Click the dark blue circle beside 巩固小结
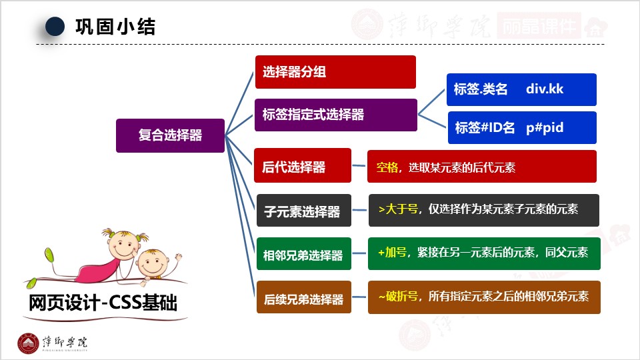tap(55, 27)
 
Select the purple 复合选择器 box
tap(170, 135)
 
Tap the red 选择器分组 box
tap(335, 72)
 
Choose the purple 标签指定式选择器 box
tap(335, 115)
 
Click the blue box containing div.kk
tap(521, 89)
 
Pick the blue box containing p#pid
tap(522, 127)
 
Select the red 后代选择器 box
tap(302, 165)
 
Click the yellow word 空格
tap(387, 167)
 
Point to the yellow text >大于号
tap(398, 209)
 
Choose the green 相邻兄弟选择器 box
tap(303, 255)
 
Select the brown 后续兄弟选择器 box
tap(303, 299)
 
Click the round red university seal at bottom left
tap(28, 343)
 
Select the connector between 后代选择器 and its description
tap(359, 166)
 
